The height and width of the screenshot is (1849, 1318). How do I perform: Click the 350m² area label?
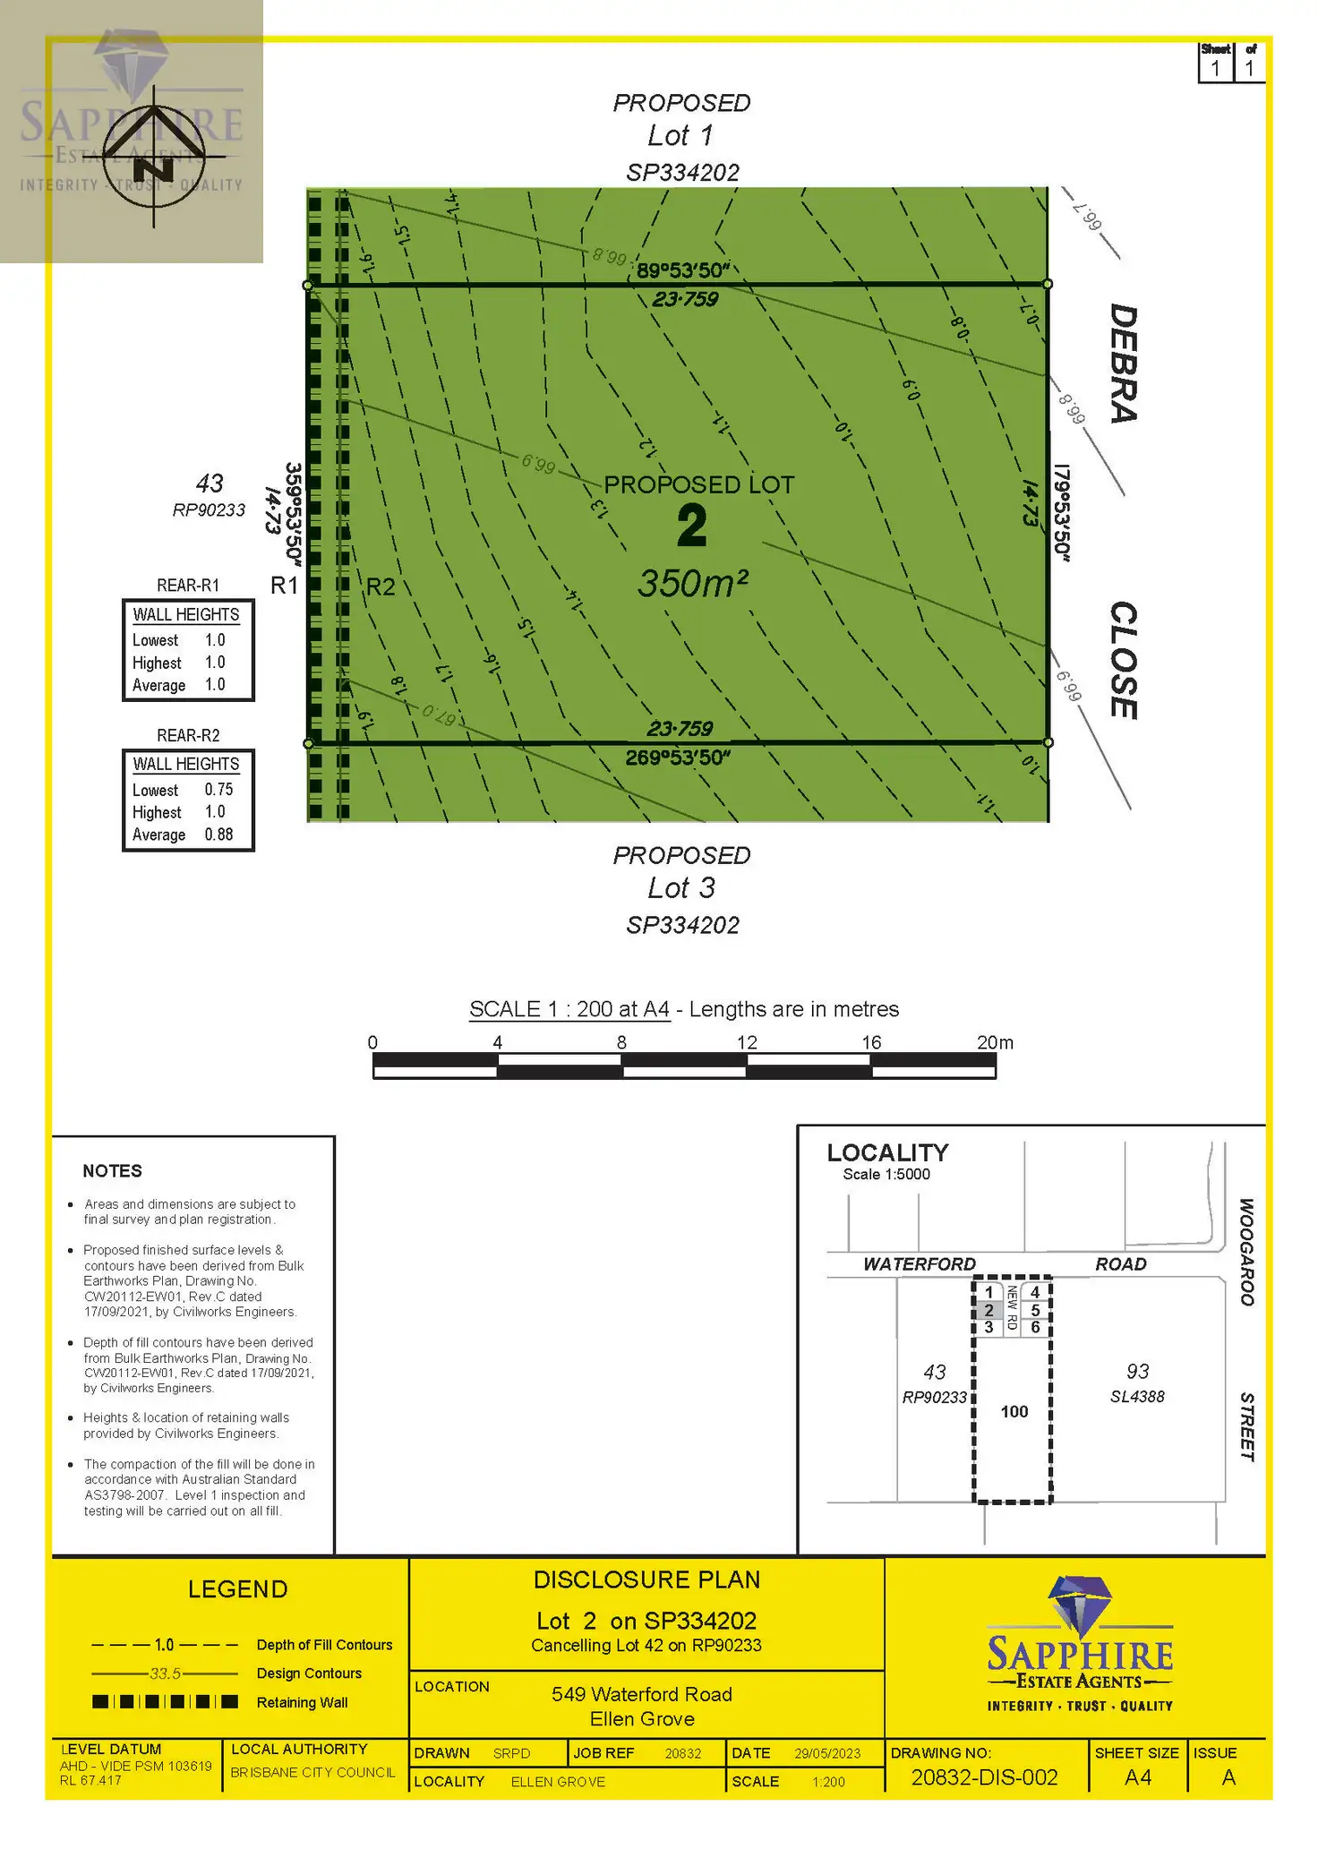point(692,584)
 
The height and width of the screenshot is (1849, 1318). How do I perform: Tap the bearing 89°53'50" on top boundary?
point(683,270)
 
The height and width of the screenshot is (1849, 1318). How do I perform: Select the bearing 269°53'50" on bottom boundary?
point(678,758)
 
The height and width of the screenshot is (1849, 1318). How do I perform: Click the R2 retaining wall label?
point(381,586)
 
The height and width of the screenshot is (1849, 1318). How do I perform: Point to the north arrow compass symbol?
point(154,157)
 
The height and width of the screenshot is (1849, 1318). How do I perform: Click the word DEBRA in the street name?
point(1124,363)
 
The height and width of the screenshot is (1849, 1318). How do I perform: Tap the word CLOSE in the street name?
point(1124,660)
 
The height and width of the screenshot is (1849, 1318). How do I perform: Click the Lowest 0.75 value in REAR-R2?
point(218,790)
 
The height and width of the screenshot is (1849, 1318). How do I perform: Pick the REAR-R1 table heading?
point(188,586)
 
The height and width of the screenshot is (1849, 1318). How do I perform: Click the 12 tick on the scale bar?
point(747,1043)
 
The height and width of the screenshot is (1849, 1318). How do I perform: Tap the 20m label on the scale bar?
point(995,1043)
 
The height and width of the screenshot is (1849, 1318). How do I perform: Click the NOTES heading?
point(112,1171)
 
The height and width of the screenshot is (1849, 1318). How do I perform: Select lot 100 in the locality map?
point(1014,1412)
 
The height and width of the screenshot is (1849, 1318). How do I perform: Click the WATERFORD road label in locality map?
point(919,1264)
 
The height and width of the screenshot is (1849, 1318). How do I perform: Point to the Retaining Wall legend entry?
point(302,1703)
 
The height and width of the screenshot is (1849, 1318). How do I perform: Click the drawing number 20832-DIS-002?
point(984,1777)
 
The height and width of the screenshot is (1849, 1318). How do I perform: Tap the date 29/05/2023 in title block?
point(827,1753)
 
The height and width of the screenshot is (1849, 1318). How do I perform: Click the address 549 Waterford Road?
point(641,1694)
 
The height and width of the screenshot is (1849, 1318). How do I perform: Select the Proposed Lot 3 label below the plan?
point(681,888)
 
